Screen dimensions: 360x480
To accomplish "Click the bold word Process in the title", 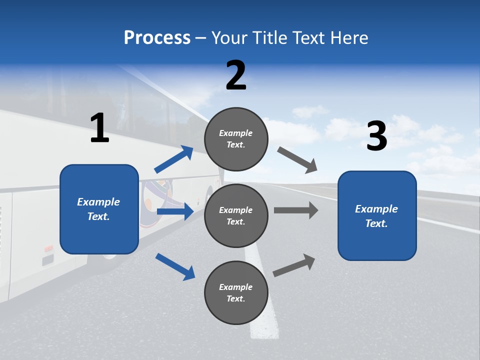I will (157, 37).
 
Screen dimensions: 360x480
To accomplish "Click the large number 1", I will (99, 128).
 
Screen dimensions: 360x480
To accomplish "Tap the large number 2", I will (236, 75).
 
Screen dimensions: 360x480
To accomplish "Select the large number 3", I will (376, 136).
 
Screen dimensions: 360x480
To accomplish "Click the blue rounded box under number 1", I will (99, 209).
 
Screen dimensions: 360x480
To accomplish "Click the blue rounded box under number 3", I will (377, 215).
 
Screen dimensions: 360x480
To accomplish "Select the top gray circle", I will (236, 139).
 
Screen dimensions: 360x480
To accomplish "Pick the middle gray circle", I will (236, 215).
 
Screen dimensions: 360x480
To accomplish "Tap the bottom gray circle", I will (236, 292).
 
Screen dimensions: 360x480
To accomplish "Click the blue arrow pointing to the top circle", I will (173, 159).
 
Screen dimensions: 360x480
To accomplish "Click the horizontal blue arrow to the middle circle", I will (175, 211).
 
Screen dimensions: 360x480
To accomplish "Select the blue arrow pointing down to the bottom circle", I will (175, 266).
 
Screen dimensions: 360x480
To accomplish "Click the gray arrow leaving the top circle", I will (297, 159).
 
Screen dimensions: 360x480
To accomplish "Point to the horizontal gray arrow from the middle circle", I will (295, 210).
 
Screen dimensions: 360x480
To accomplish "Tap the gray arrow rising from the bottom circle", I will (294, 265).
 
